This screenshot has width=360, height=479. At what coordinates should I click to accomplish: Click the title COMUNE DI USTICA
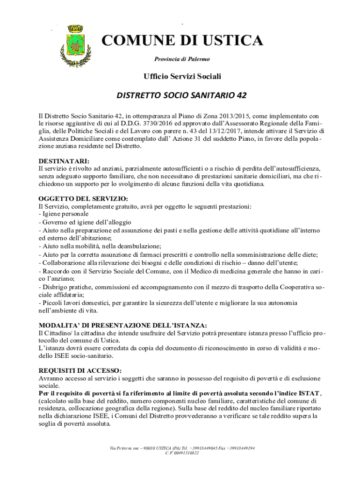point(182,41)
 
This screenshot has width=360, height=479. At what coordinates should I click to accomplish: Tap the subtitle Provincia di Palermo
point(182,59)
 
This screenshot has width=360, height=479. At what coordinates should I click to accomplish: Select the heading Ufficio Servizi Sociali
point(182,76)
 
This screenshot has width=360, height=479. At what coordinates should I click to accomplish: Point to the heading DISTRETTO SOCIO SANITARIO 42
point(181,96)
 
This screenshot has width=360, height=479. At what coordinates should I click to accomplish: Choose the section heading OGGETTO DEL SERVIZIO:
point(76,199)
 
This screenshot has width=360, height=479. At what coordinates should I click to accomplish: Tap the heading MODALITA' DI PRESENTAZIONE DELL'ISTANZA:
point(122,325)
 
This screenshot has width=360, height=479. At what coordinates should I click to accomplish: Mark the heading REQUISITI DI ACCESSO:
point(73,370)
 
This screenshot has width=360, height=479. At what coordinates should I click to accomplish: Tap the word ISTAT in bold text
point(310,393)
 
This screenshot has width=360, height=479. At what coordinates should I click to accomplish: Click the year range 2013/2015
point(244,116)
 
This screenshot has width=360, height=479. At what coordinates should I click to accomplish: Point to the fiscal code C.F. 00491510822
point(182,453)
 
